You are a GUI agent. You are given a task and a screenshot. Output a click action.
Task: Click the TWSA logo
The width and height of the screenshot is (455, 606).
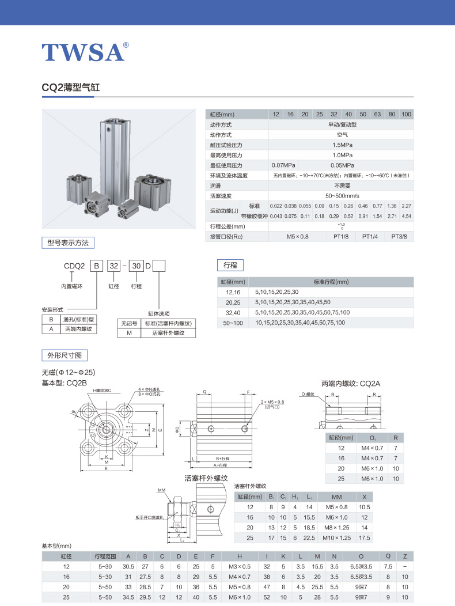point(84,52)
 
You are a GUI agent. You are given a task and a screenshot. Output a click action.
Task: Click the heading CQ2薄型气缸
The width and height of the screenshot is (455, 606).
point(71,88)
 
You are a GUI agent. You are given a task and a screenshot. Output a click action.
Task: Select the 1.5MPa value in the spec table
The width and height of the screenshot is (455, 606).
point(342,145)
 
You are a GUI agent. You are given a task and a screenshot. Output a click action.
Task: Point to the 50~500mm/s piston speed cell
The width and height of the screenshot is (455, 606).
point(342,196)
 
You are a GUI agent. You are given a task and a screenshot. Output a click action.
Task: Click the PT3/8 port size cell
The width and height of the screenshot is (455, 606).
point(403,236)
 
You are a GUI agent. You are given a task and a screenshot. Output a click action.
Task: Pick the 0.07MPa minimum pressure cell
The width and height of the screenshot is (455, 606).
point(283,165)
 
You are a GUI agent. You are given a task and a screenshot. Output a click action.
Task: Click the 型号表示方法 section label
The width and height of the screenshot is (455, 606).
point(68,243)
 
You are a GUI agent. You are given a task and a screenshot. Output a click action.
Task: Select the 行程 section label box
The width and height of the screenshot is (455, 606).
point(230,265)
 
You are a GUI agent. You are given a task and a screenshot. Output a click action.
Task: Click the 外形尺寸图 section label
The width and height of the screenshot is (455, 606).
point(64,354)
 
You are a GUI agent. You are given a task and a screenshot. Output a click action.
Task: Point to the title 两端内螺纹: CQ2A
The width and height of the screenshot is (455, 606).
point(351,383)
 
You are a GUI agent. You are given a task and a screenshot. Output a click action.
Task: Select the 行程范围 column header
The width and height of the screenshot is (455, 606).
point(105,556)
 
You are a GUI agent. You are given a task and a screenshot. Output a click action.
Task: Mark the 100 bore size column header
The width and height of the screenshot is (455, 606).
point(407,114)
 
